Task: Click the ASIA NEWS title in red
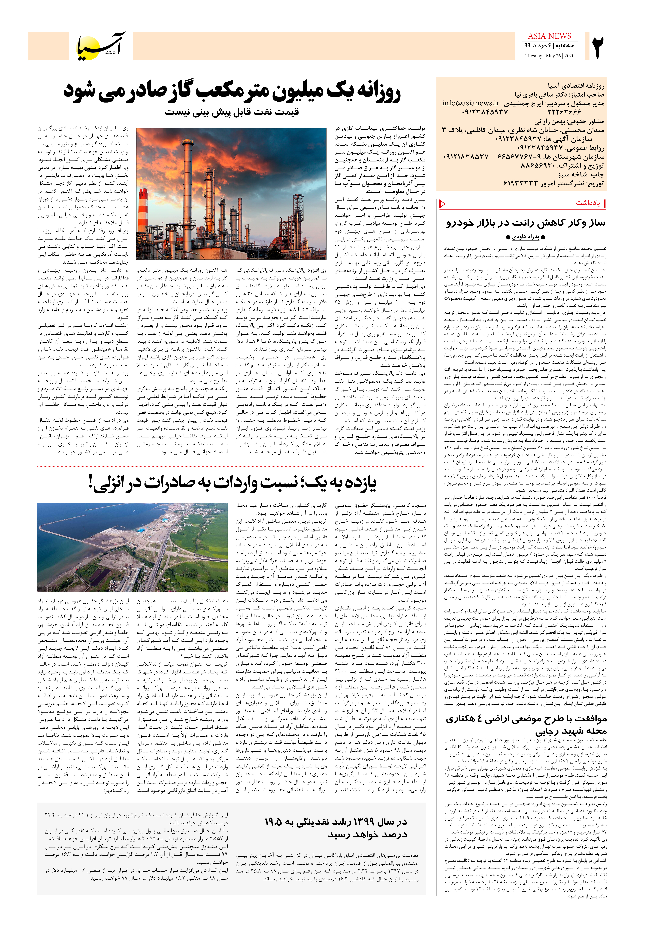coord(549,36)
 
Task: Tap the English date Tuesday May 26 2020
coord(549,56)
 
